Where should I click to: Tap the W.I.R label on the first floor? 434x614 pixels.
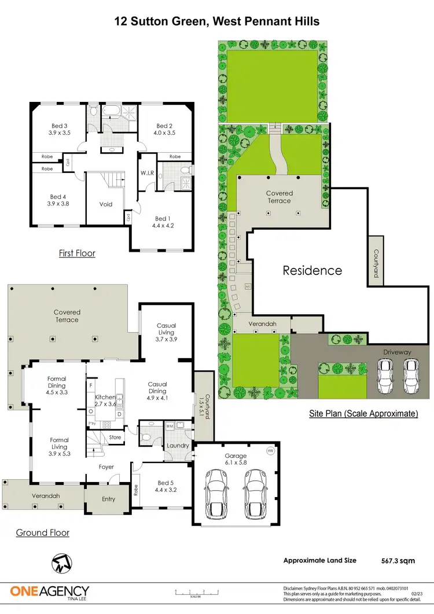(x=146, y=172)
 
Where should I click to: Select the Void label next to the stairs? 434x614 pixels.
(x=106, y=204)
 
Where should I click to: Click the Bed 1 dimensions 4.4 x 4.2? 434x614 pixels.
(x=161, y=226)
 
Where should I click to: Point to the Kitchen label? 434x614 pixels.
(x=105, y=397)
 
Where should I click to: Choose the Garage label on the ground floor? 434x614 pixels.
(x=236, y=456)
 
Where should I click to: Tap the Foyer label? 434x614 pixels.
(x=106, y=467)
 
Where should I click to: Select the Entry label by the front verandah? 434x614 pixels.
(x=108, y=499)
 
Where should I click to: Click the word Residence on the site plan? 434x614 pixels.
(x=312, y=270)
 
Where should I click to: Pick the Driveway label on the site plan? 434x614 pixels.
(x=396, y=352)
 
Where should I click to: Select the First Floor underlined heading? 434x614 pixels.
(x=77, y=253)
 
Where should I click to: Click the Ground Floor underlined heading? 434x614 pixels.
(x=43, y=532)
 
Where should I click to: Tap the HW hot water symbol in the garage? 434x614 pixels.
(x=270, y=451)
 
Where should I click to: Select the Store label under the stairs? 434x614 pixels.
(x=115, y=437)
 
